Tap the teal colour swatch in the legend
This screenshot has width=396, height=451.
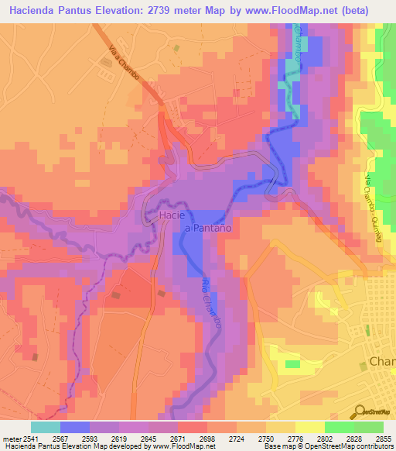click(45, 427)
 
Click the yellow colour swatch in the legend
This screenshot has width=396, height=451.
click(310, 427)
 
